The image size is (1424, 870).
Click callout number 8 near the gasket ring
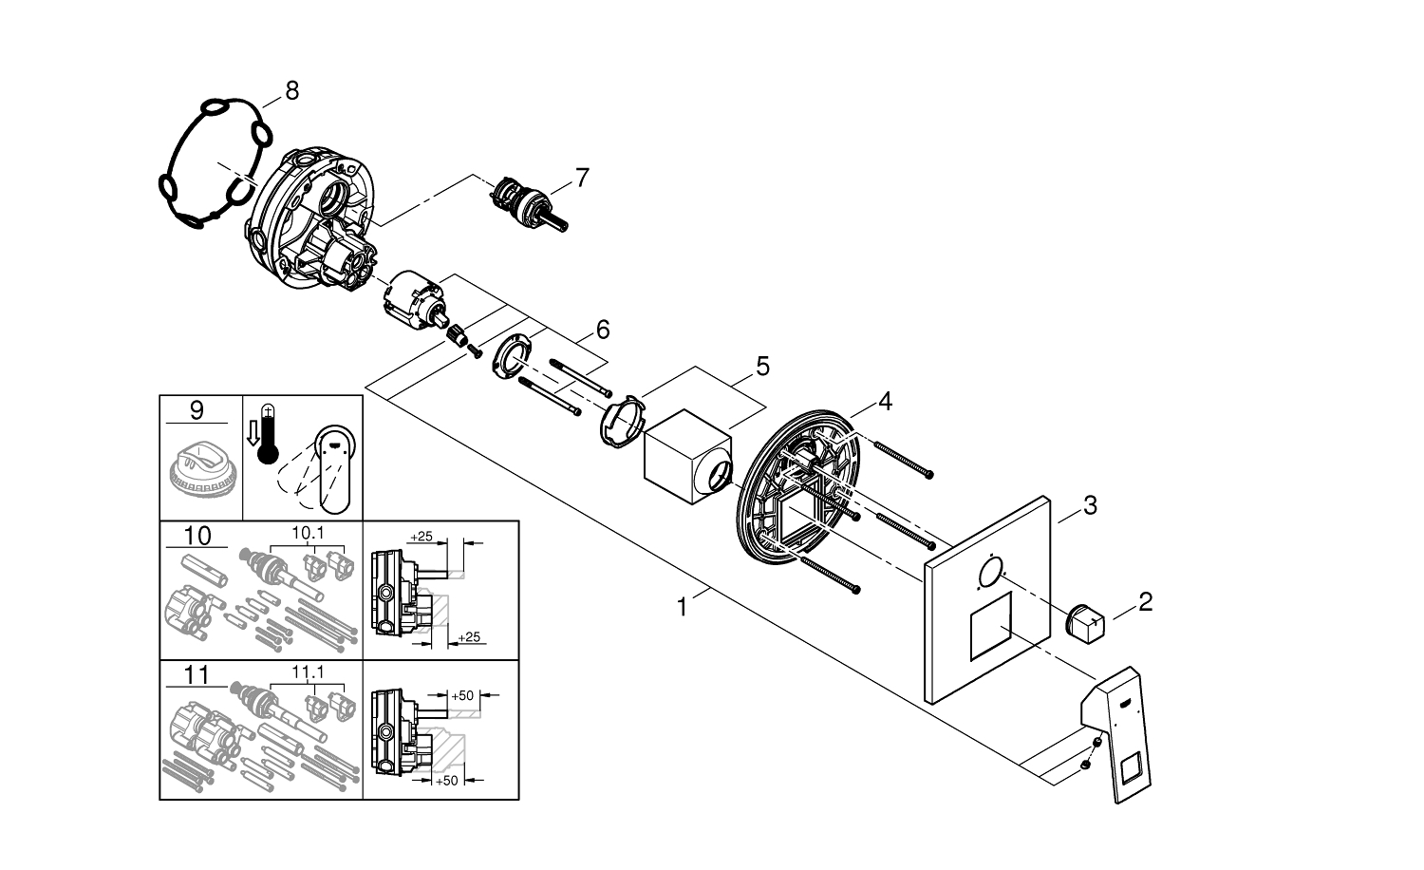[291, 90]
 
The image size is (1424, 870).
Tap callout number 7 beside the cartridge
[581, 177]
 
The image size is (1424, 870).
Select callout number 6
[603, 330]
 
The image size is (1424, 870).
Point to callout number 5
[762, 366]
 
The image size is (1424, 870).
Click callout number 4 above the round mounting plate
[884, 402]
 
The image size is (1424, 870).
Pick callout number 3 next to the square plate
[1090, 505]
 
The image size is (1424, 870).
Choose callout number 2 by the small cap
[1145, 601]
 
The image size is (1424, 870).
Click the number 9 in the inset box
[197, 410]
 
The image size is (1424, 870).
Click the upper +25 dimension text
[421, 537]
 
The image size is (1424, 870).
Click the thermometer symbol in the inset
[269, 438]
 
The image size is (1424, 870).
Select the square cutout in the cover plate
[991, 629]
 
